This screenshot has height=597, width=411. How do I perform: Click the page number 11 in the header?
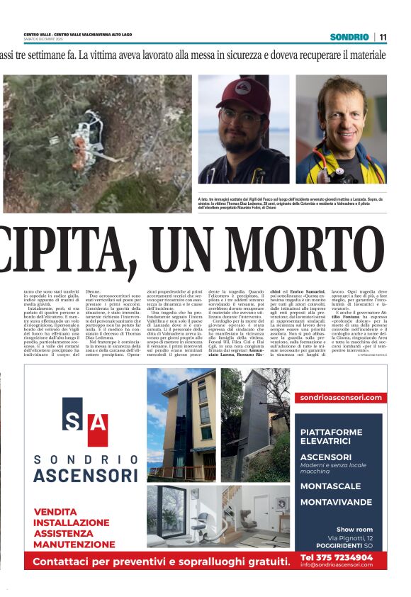coord(383,37)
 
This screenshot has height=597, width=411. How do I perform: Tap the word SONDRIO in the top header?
coord(349,37)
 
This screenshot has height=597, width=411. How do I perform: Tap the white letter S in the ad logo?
coord(73,421)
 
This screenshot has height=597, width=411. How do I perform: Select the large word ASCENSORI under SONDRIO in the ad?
coord(85,475)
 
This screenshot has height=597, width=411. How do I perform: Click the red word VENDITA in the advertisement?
coord(55,511)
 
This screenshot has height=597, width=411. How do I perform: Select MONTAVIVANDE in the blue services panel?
coord(336,501)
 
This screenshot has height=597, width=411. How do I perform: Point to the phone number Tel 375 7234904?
coord(336,557)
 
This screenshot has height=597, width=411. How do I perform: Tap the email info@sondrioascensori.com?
coord(336,565)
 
